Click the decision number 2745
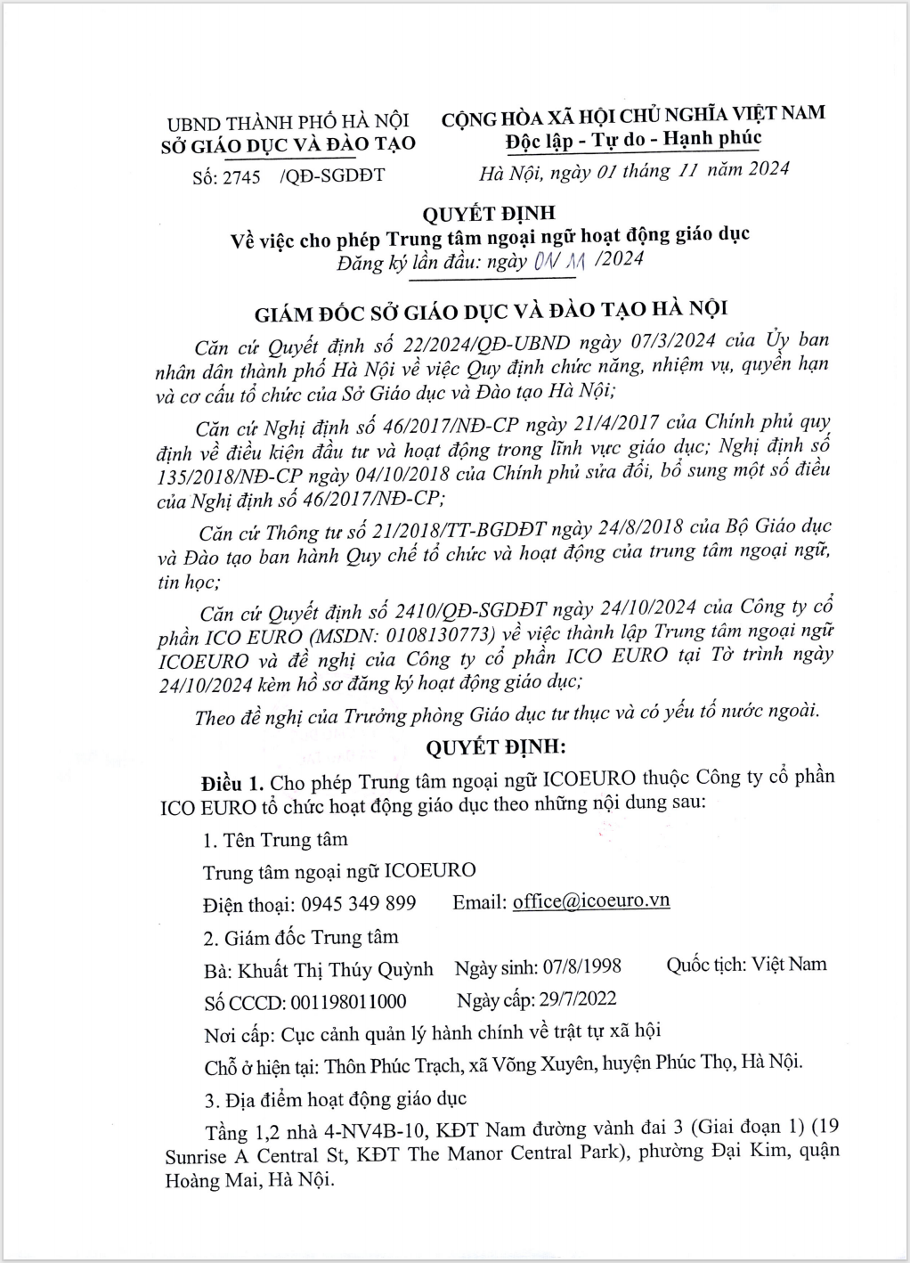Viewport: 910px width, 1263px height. [x=240, y=176]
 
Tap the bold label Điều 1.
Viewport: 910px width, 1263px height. [x=232, y=783]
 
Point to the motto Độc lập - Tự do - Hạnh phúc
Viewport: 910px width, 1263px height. [x=633, y=140]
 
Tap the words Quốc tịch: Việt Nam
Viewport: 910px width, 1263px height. [x=746, y=964]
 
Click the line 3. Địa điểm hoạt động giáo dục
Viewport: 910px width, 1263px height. [x=335, y=1097]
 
